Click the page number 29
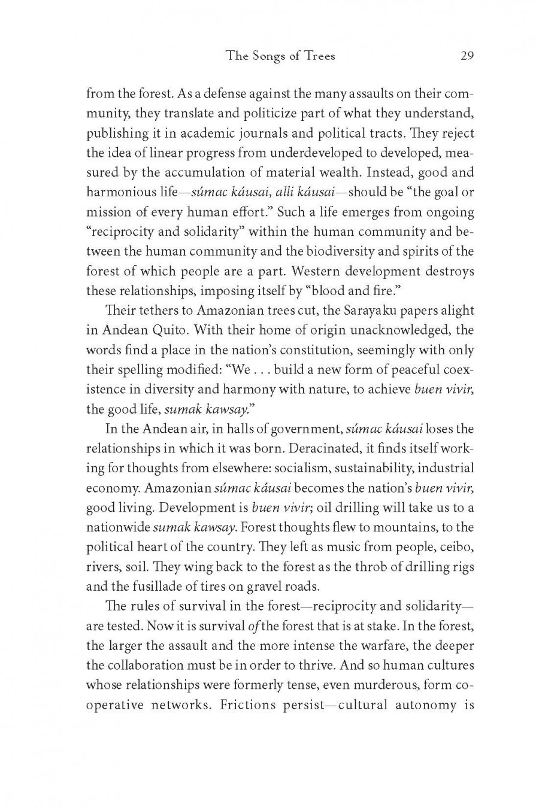point(467,56)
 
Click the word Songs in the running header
point(266,57)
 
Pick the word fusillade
point(158,586)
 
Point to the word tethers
point(152,311)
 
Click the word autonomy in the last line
point(425,704)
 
